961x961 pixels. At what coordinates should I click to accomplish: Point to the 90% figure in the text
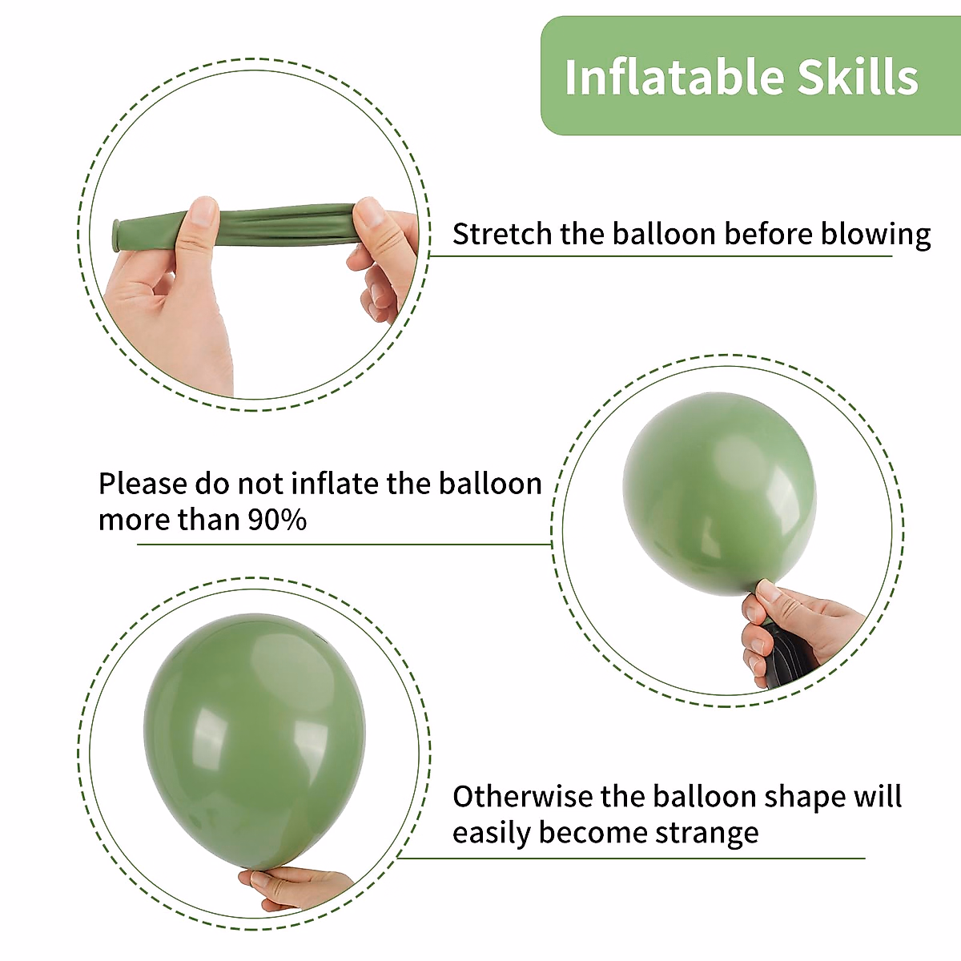pyautogui.click(x=276, y=520)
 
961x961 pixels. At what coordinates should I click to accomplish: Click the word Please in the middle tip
pyautogui.click(x=142, y=485)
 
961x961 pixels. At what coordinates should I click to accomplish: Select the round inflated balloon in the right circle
pyautogui.click(x=718, y=492)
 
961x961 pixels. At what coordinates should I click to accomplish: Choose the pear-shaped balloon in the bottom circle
pyautogui.click(x=254, y=741)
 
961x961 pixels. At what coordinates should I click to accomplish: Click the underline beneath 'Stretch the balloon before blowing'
pyautogui.click(x=661, y=256)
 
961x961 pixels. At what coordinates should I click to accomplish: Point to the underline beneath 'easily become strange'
pyautogui.click(x=633, y=858)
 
